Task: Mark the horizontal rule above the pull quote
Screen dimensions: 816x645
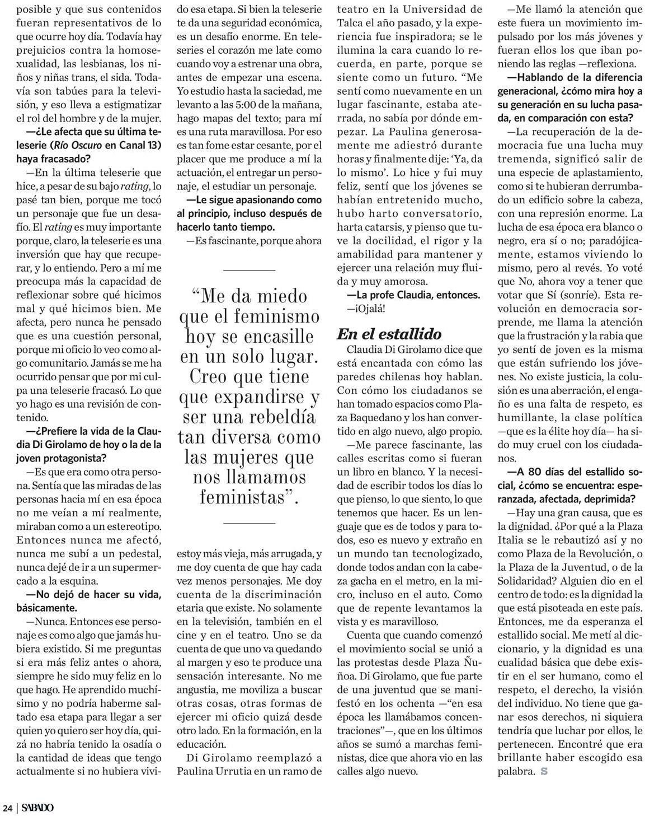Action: coord(249,270)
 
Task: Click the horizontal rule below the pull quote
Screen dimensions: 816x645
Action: coord(249,523)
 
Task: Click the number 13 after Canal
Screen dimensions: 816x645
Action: coord(154,145)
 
